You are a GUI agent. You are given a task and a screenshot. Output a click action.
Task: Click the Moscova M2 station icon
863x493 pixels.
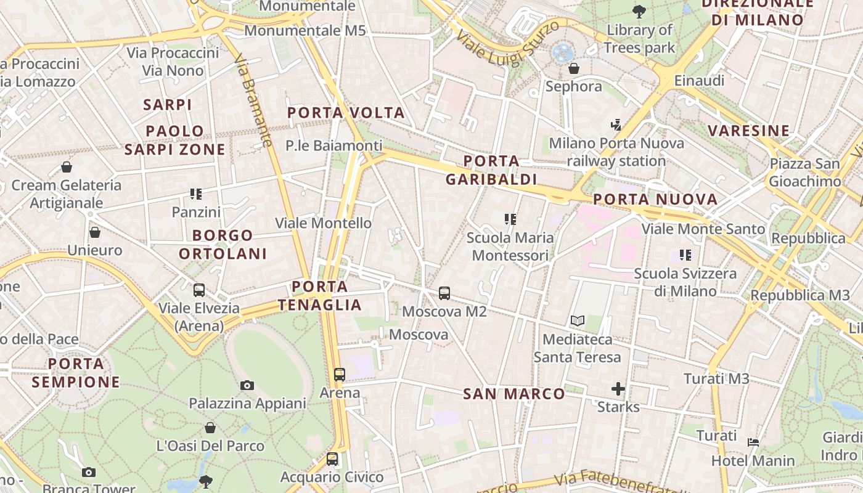coord(444,293)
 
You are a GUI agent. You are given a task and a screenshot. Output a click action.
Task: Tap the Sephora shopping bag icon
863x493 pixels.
coord(574,68)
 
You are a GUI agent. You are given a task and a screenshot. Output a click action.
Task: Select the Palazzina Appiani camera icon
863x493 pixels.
coord(247,386)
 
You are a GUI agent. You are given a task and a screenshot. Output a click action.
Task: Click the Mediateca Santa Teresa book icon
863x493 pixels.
coord(578,321)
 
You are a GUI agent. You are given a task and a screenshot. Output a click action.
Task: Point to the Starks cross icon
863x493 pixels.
coord(618,389)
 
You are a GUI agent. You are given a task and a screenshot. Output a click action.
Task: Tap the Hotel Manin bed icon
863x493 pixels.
coord(753,442)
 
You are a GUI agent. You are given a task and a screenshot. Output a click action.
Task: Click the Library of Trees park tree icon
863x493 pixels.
coord(639,11)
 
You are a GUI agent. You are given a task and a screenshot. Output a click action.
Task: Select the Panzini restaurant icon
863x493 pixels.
coord(196,194)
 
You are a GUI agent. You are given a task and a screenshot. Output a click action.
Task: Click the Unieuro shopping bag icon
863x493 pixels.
coord(95,232)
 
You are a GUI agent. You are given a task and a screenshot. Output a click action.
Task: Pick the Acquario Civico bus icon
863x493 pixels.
coord(332,459)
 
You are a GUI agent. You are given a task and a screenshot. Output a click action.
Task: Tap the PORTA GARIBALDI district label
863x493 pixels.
coord(491,170)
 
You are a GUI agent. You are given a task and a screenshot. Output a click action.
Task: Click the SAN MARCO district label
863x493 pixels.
coord(513,394)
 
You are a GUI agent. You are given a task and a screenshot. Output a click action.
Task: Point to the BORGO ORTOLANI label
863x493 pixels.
coord(223,244)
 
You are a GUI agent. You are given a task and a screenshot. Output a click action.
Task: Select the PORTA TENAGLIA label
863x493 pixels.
coord(319,296)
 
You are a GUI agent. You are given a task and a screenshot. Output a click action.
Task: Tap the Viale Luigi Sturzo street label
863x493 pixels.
coord(509,41)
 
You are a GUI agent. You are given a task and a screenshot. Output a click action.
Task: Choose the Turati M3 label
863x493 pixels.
coord(716,378)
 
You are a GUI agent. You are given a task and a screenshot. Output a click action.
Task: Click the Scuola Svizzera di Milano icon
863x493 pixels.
coord(685,255)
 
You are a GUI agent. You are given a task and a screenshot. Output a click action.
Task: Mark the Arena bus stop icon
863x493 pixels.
coord(340,374)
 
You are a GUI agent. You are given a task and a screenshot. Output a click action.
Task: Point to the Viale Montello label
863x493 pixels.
coord(323,223)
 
